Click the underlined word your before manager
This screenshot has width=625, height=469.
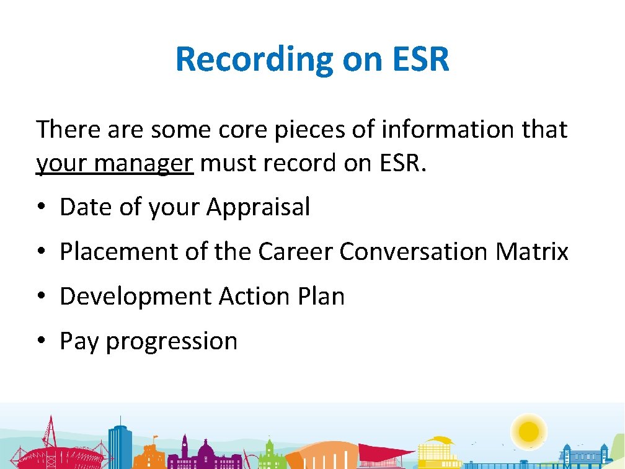60,164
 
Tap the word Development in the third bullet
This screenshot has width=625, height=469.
135,297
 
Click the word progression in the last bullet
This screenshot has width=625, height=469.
172,342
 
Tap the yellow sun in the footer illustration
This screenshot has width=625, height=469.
529,430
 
